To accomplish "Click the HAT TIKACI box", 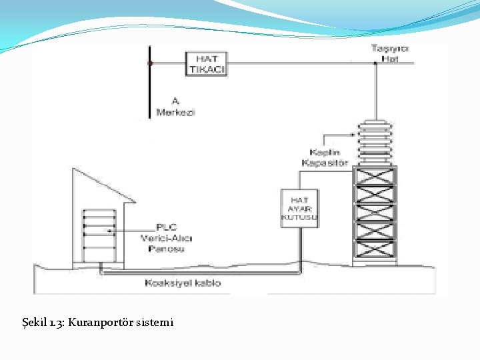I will pyautogui.click(x=207, y=63).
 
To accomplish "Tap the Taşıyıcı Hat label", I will pyautogui.click(x=390, y=53).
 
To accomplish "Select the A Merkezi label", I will pyautogui.click(x=175, y=107).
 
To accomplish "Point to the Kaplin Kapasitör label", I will pyautogui.click(x=325, y=157).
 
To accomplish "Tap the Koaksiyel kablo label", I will pyautogui.click(x=183, y=283).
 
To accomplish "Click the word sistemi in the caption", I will pyautogui.click(x=154, y=323).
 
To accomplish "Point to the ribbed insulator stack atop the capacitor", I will pyautogui.click(x=374, y=142).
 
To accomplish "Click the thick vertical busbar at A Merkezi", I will pyautogui.click(x=149, y=83).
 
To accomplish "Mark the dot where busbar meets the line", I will pyautogui.click(x=150, y=63).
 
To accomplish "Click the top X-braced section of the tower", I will pyautogui.click(x=374, y=176).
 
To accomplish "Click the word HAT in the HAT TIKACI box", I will pyautogui.click(x=207, y=59).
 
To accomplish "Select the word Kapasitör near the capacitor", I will pyautogui.click(x=325, y=163).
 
